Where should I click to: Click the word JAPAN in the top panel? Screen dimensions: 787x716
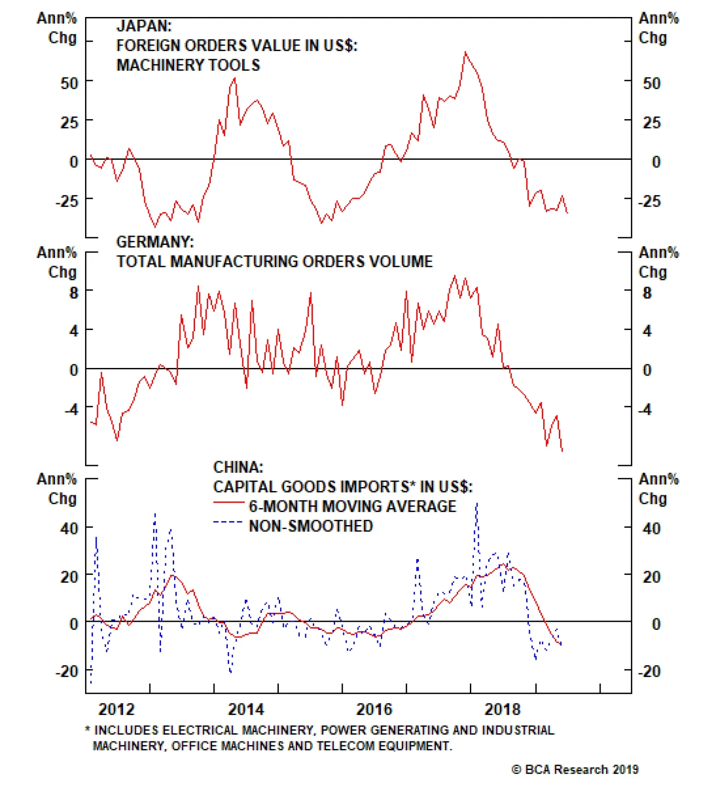coord(144,26)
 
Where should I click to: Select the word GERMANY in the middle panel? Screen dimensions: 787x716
coord(155,242)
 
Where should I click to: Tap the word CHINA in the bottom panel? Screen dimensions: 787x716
coord(238,467)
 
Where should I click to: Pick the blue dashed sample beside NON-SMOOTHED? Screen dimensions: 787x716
coord(229,522)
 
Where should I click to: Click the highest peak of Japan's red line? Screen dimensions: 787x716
coord(465,52)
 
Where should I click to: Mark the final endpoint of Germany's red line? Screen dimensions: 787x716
coord(562,451)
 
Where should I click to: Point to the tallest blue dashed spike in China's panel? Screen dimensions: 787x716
coord(477,503)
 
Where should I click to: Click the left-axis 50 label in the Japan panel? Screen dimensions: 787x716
coord(69,83)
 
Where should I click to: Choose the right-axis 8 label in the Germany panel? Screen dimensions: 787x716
coord(647,293)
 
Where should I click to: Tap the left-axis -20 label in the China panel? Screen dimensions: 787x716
coord(67,672)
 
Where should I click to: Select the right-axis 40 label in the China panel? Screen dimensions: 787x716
coord(652,529)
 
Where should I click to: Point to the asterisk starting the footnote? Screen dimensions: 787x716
coord(88,730)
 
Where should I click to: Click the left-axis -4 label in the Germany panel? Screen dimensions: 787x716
coord(71,409)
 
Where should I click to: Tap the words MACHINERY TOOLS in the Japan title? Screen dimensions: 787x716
coord(188,65)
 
